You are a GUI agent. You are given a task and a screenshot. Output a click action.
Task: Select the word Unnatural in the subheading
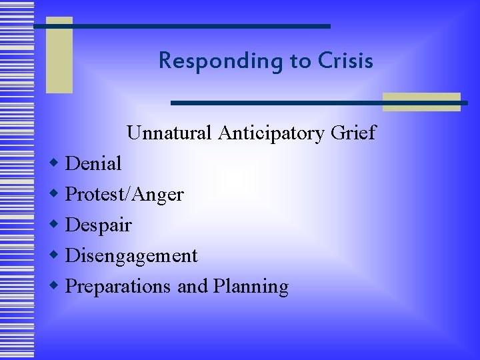click(170, 133)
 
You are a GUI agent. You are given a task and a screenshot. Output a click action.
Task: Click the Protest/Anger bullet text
click(125, 194)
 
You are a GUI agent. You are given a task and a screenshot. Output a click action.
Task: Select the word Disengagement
click(131, 255)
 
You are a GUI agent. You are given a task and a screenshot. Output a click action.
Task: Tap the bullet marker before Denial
click(55, 163)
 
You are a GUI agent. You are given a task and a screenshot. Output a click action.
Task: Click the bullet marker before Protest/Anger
click(55, 193)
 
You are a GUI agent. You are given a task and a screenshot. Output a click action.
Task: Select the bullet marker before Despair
click(55, 224)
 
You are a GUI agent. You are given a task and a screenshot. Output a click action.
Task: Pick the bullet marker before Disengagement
click(55, 255)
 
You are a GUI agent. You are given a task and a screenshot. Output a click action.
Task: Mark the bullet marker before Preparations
click(55, 285)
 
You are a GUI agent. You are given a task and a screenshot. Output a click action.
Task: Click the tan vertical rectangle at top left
click(59, 55)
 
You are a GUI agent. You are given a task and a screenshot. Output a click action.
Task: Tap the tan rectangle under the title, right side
click(421, 101)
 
